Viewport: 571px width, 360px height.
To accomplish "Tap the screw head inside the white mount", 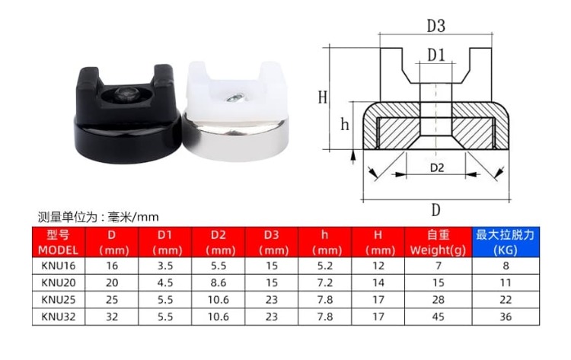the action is tap(235, 97).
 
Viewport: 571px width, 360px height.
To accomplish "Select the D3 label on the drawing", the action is tap(436, 26).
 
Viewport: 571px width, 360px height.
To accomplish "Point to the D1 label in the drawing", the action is tap(436, 55).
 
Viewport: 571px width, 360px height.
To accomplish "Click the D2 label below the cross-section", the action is tap(437, 167).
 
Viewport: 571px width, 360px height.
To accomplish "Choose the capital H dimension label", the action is tap(322, 97).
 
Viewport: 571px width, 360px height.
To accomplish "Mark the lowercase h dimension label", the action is tap(345, 125).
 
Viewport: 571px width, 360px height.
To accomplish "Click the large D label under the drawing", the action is tap(436, 210).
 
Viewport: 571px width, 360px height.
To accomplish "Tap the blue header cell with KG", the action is tap(506, 242).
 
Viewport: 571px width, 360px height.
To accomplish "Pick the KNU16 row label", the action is tap(59, 266).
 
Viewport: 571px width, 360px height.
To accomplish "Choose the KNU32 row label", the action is tap(59, 317).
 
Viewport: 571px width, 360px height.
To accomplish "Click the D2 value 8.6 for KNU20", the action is tap(219, 283).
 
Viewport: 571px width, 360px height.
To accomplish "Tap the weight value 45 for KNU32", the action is tap(438, 317).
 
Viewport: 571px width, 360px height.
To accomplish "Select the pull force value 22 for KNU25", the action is tap(506, 300).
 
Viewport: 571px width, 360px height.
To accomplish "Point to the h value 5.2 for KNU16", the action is tap(325, 266).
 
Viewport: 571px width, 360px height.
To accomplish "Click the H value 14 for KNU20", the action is tap(378, 283).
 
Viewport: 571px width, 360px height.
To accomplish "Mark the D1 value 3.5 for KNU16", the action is tap(165, 266).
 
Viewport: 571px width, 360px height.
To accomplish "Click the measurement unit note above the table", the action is tap(98, 217).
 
